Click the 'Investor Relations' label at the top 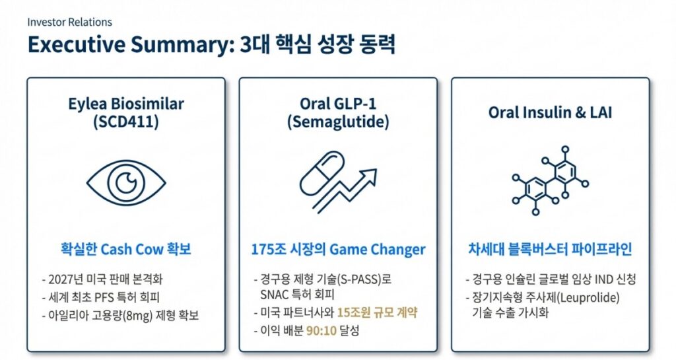(69, 22)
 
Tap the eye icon (126, 181)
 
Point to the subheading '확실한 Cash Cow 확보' (126, 250)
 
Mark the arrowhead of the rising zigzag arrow (370, 175)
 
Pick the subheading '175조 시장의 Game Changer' (338, 250)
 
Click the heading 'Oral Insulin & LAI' (550, 112)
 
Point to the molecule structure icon (549, 180)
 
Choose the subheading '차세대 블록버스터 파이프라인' (550, 250)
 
